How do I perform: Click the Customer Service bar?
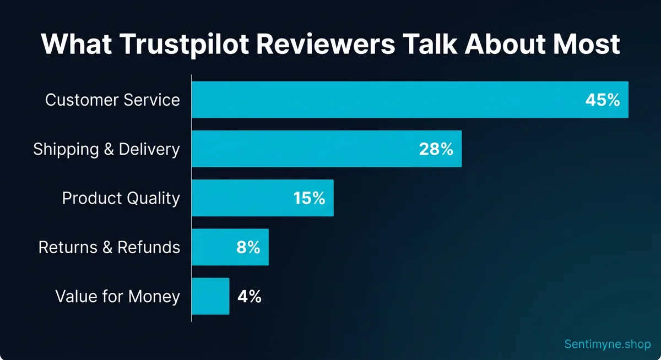click(x=386, y=100)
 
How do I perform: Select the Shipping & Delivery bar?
click(x=303, y=149)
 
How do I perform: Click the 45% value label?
click(x=603, y=100)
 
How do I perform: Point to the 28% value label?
click(x=436, y=149)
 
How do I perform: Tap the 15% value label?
click(x=309, y=198)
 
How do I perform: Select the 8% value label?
click(x=247, y=248)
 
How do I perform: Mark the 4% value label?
click(x=249, y=297)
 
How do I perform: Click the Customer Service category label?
click(x=112, y=100)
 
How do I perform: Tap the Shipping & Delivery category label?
click(x=106, y=149)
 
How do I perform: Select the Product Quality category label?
click(x=121, y=198)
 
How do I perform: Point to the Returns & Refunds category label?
click(x=109, y=248)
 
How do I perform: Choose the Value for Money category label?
click(x=117, y=297)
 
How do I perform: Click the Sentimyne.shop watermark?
click(x=607, y=344)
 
